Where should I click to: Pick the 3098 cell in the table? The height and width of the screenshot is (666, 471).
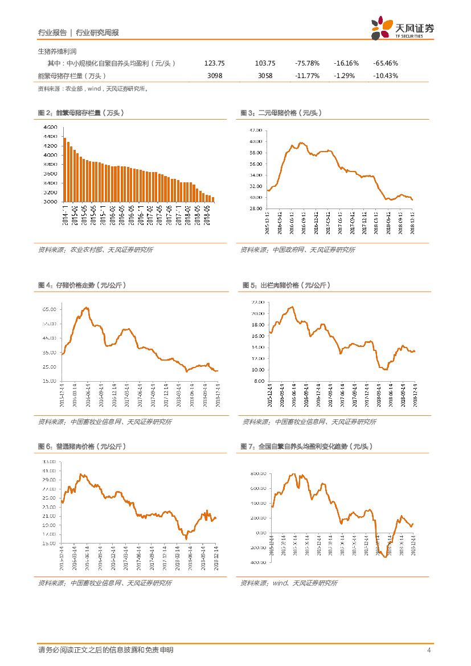[x=215, y=76]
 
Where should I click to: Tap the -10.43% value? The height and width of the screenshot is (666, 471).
[x=386, y=76]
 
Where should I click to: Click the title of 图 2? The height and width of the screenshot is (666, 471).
[x=81, y=113]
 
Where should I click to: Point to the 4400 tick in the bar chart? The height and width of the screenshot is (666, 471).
[x=50, y=136]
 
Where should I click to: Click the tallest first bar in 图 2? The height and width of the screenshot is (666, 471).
[x=64, y=170]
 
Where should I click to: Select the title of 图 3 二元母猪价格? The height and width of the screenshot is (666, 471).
[x=281, y=113]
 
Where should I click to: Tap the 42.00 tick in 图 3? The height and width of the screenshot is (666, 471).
[x=255, y=130]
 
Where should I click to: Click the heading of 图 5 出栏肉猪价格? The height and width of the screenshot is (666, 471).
[x=286, y=285]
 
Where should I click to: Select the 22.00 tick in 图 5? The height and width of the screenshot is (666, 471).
[x=257, y=302]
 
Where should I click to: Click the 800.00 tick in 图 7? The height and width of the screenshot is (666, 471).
[x=258, y=473]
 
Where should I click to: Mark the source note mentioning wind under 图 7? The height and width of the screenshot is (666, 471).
[x=288, y=583]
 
